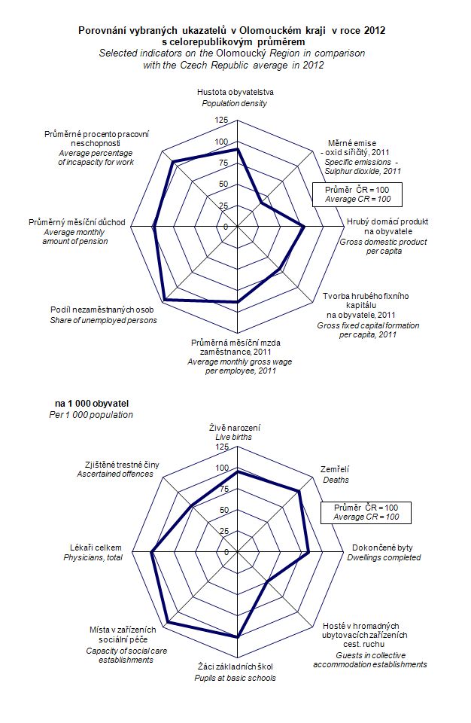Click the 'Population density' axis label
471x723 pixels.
coord(237,102)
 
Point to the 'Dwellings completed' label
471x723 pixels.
coord(384,557)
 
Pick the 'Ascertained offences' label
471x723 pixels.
coord(115,474)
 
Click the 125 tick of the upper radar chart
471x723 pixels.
coord(220,120)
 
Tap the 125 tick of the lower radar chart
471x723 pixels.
coord(220,447)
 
